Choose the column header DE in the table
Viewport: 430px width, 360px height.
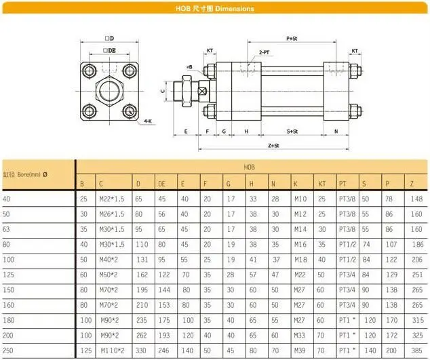pos(161,183)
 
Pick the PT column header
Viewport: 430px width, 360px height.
pos(343,183)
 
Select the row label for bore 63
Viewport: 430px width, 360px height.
pos(7,229)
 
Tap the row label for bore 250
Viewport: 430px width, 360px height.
pos(7,351)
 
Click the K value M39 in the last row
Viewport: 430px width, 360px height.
pos(300,351)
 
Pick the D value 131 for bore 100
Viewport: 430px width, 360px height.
pos(141,260)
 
